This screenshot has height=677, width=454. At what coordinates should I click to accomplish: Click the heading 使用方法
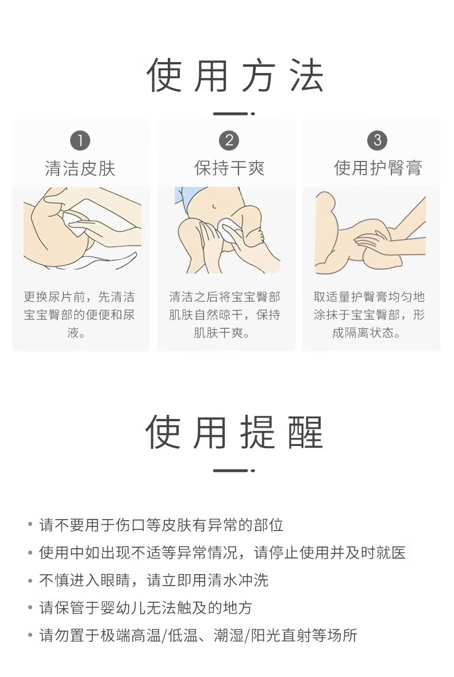pos(235,75)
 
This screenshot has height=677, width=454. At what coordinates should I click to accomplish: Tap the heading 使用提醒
pos(234,432)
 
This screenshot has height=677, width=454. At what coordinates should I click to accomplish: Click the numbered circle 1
pos(80,141)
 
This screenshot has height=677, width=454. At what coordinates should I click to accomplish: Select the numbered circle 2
pos(229,140)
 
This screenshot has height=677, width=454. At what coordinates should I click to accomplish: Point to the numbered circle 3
pos(377,140)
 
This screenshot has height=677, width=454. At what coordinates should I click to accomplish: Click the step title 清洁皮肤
pos(80,168)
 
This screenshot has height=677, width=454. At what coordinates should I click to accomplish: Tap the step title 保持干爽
pos(229,168)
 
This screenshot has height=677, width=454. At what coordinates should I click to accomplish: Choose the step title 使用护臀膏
pos(378,167)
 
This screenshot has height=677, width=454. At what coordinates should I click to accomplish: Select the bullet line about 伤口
pos(161,525)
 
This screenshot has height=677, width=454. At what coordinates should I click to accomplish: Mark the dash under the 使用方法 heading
pos(234,114)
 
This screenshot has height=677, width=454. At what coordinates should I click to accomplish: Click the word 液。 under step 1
pos(76,332)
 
